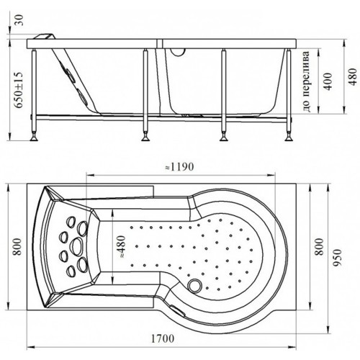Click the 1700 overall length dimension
[x=163, y=338]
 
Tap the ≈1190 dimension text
[x=179, y=166]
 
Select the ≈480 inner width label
[x=122, y=246]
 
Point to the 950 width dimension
[x=337, y=258]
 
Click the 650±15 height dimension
[x=18, y=90]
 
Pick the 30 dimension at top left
[x=19, y=20]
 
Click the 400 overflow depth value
[x=328, y=81]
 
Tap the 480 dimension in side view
[x=353, y=77]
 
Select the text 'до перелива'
[x=307, y=81]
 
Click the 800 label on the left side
[x=18, y=246]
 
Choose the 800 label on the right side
[x=320, y=246]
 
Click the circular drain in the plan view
[x=195, y=285]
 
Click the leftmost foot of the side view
[x=34, y=138]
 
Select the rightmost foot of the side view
[x=289, y=138]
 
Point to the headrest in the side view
[x=45, y=37]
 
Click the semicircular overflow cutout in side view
[x=178, y=52]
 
